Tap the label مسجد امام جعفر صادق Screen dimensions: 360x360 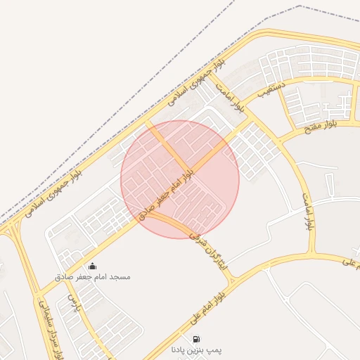pyautogui.click(x=92, y=277)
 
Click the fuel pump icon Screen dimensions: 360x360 pyautogui.click(x=195, y=338)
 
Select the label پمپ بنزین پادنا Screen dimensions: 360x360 pyautogui.click(x=196, y=349)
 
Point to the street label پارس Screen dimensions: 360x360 pyautogui.click(x=73, y=304)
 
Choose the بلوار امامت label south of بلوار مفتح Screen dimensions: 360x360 pyautogui.click(x=309, y=211)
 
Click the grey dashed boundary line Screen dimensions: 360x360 pyautogui.click(x=141, y=105)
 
